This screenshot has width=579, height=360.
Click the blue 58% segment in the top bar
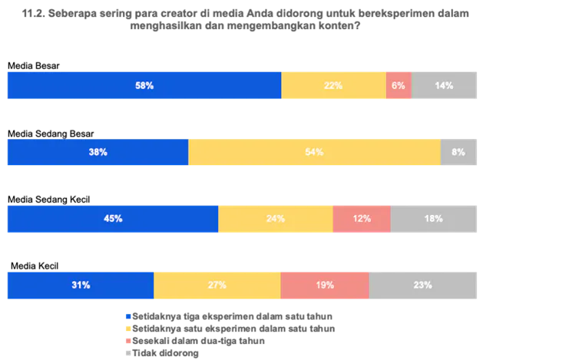pos(144,85)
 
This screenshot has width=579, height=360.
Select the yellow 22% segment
pos(333,85)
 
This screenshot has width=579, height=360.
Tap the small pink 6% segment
pos(399,85)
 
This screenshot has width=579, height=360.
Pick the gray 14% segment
pos(445,85)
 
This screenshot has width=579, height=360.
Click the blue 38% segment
pos(97,152)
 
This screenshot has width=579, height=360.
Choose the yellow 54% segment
pos(314,152)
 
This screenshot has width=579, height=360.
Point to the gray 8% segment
pos(459,152)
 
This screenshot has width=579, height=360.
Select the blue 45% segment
pos(112,219)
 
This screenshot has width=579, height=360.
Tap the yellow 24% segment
pos(275,219)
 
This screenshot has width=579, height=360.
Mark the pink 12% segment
pos(361,219)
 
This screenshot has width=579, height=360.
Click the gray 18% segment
pos(435,219)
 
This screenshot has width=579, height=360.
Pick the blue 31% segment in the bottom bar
pos(80,285)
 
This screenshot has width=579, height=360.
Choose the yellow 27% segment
pos(217,285)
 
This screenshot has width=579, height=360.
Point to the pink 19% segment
pos(325,285)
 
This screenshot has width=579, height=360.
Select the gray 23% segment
pos(424,285)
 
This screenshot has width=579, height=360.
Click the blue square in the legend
pos(127,316)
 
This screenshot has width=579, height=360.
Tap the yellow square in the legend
pos(127,329)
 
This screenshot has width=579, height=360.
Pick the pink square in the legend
pos(127,341)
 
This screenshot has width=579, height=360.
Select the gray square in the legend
pos(127,353)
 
